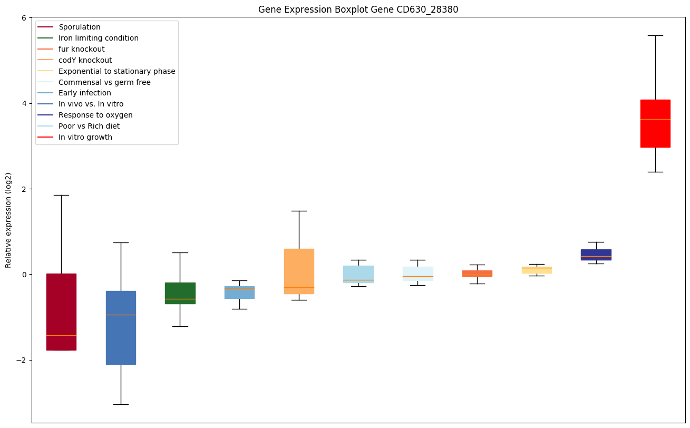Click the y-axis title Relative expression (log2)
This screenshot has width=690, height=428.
[8, 220]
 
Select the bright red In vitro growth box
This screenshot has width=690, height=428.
[655, 123]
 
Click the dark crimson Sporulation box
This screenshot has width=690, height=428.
[61, 312]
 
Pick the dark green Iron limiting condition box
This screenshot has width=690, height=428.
[180, 293]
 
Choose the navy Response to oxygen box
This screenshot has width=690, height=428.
[596, 255]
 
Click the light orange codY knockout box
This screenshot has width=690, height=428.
[299, 271]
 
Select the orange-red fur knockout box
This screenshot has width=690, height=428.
[477, 273]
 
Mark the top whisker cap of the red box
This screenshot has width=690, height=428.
[655, 35]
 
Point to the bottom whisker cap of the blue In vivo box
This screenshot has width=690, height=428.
[121, 404]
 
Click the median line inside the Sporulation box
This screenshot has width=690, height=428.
[61, 335]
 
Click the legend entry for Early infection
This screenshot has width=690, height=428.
[85, 93]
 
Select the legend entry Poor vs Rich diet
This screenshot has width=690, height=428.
[89, 126]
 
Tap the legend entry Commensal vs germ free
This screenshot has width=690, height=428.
[104, 82]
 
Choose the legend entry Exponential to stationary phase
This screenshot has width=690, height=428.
[116, 71]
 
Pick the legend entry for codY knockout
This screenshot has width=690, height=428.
[85, 60]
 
